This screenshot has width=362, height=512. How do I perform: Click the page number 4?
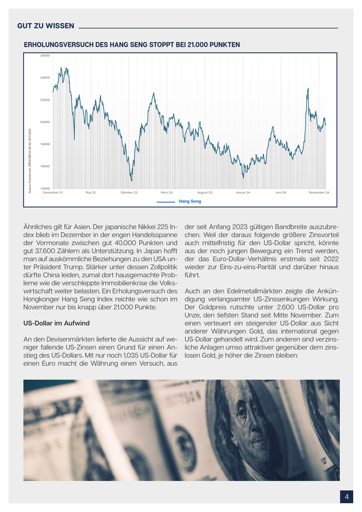click(x=346, y=496)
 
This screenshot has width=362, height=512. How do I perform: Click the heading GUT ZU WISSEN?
click(x=46, y=26)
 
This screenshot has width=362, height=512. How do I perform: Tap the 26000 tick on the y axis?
click(x=45, y=56)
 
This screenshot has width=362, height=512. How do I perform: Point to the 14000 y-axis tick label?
click(x=45, y=189)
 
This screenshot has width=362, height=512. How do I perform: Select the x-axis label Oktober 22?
click(x=129, y=193)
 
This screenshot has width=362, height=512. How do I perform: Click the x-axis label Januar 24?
click(x=243, y=193)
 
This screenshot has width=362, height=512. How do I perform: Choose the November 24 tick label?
click(x=319, y=193)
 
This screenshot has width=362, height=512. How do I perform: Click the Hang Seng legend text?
click(x=190, y=201)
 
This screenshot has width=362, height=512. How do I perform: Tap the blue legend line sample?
click(x=166, y=202)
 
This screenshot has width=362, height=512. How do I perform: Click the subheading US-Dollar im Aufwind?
click(x=57, y=323)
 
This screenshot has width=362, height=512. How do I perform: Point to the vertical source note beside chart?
click(x=30, y=161)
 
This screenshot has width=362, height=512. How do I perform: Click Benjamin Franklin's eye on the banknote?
click(x=242, y=413)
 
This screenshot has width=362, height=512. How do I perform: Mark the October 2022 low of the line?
click(x=131, y=181)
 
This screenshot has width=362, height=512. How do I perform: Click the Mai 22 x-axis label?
click(x=91, y=193)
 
